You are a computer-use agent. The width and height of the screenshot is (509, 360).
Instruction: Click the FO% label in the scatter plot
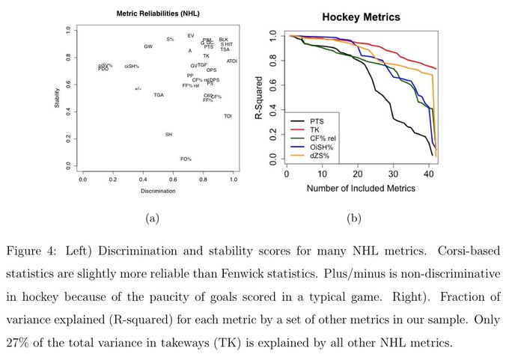(x=186, y=159)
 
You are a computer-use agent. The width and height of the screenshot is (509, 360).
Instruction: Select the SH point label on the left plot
(x=168, y=134)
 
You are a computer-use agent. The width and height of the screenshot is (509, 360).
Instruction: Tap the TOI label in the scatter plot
(x=228, y=115)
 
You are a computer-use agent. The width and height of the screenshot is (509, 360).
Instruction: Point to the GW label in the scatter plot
(x=148, y=46)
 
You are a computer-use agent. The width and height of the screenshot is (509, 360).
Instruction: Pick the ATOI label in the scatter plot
(x=232, y=61)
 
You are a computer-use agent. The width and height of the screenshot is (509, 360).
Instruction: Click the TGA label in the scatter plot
(x=159, y=95)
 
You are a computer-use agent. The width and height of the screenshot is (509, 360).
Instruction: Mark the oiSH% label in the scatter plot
(x=132, y=66)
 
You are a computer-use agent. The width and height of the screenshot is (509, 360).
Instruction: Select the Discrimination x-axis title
(x=158, y=191)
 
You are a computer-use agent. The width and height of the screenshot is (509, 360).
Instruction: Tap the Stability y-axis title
(x=57, y=97)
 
